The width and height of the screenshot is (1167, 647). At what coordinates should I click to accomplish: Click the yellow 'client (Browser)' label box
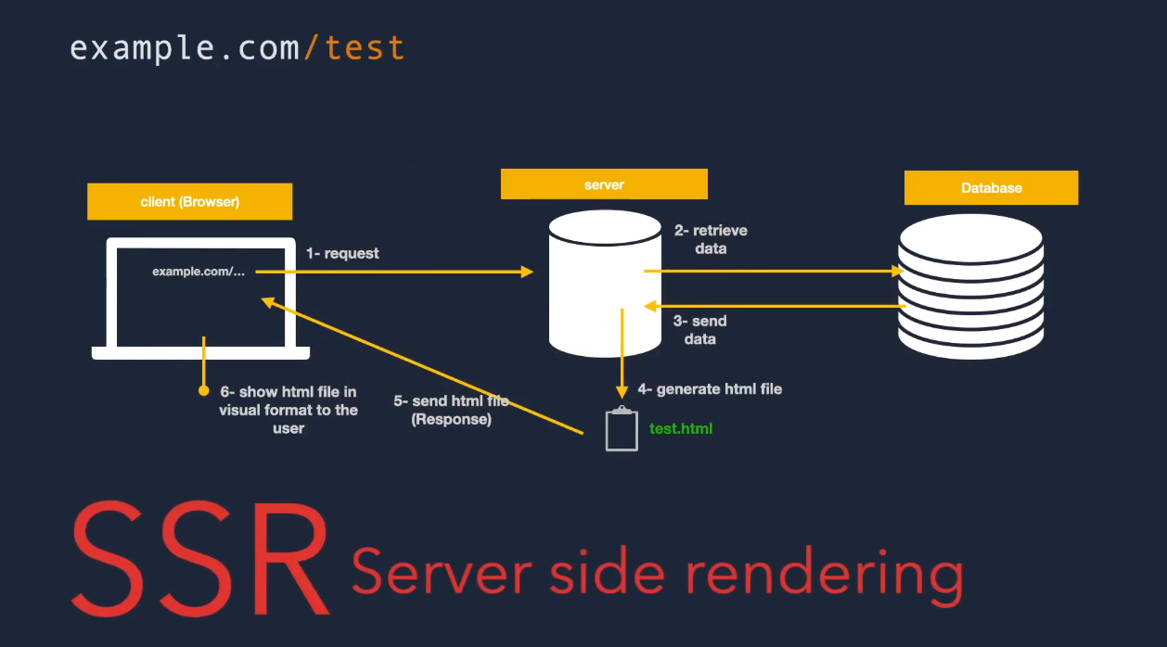[x=189, y=201]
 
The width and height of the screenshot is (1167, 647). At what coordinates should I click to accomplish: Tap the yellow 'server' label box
[x=604, y=184]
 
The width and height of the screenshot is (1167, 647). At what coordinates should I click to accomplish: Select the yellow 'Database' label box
[x=991, y=187]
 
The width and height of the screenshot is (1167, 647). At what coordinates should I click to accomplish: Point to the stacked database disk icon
[x=971, y=287]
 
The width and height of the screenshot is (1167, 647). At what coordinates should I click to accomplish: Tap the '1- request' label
[x=342, y=253]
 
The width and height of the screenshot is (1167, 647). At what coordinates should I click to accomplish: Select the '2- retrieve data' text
[x=711, y=239]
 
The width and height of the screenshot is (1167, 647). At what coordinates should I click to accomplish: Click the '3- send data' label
[x=700, y=330]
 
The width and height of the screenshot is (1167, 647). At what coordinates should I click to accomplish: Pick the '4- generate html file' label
[x=710, y=389]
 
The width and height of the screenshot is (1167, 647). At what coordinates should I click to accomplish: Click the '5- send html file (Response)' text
[x=451, y=410]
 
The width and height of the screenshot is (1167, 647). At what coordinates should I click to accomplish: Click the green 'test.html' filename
[x=681, y=429]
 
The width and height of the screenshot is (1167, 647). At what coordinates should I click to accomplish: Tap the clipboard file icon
[x=622, y=430]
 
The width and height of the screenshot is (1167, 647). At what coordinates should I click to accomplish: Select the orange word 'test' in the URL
[x=365, y=47]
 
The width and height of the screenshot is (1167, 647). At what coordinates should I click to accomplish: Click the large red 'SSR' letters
[x=200, y=558]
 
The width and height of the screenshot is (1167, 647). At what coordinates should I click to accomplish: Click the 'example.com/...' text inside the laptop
[x=199, y=272]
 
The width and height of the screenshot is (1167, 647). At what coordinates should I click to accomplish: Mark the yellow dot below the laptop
[x=203, y=390]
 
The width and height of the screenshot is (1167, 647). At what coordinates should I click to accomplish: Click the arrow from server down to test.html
[x=622, y=352]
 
